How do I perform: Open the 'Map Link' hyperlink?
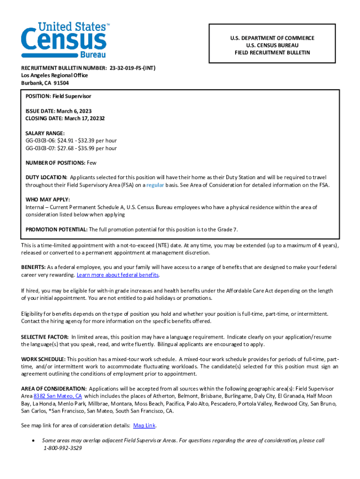click(144, 426)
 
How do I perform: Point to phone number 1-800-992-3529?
click(63, 448)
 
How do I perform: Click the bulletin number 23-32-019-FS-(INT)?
click(133, 68)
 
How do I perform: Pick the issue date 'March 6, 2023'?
click(74, 111)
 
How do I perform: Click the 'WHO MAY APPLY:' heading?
click(48, 200)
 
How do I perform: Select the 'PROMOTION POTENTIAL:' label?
click(56, 229)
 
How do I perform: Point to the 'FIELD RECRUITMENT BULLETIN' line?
click(272, 53)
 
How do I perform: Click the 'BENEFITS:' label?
click(33, 268)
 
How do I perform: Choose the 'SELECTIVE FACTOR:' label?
click(45, 337)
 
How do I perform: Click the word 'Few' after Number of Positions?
click(92, 163)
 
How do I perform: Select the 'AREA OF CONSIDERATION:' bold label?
click(54, 389)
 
